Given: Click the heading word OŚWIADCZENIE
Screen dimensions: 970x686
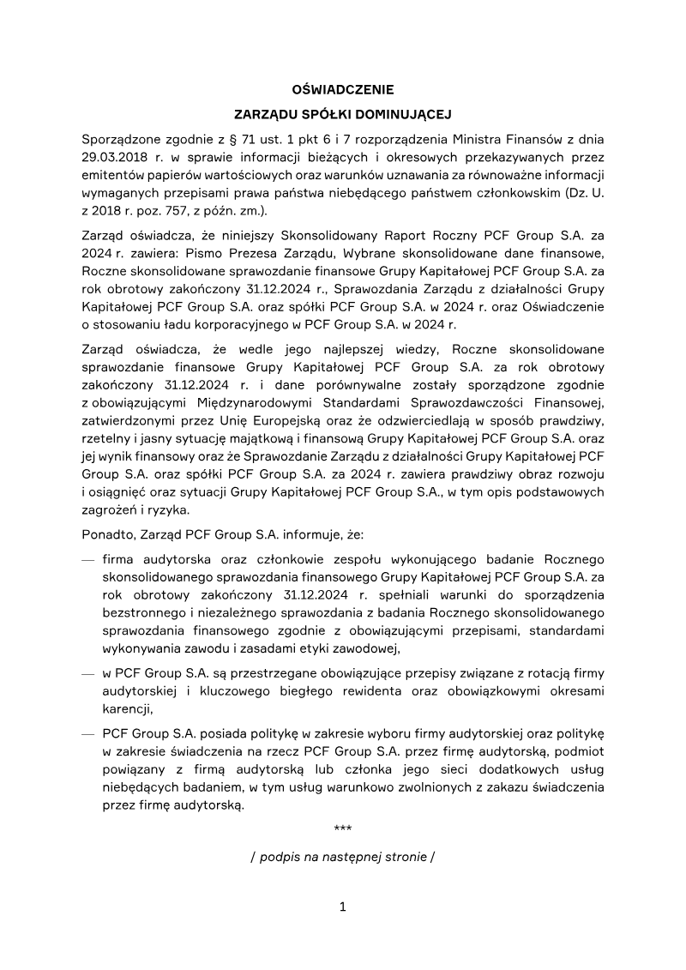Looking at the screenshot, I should [342, 89].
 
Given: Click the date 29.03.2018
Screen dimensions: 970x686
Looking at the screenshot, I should [114, 157].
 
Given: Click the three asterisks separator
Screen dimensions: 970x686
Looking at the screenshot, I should [342, 829].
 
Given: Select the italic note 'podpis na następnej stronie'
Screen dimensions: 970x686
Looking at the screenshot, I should [342, 856].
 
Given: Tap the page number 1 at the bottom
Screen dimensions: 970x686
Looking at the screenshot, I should [342, 907].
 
